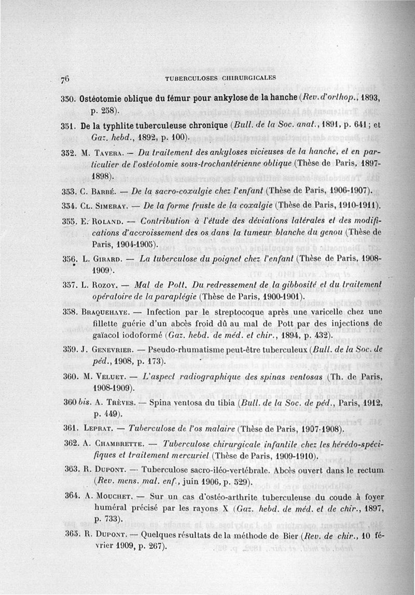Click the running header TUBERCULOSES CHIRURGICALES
coord(220,79)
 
